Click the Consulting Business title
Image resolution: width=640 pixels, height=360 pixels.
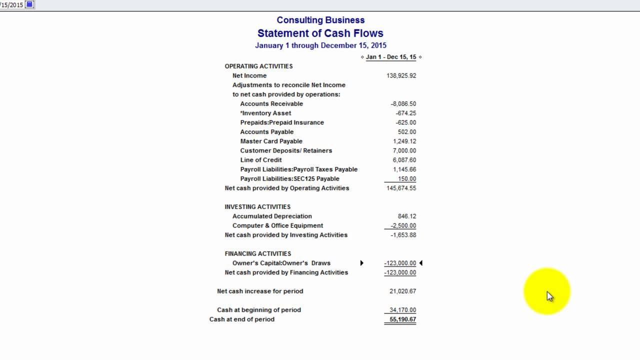[320, 20]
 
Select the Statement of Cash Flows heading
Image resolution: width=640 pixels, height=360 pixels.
[320, 33]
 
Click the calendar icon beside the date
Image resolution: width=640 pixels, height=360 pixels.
[29, 4]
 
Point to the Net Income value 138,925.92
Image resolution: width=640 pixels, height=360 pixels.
[401, 75]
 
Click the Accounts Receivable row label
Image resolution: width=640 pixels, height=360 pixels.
[271, 104]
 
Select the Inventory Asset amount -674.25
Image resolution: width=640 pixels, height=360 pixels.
[405, 113]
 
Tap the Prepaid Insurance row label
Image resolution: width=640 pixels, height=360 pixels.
[282, 122]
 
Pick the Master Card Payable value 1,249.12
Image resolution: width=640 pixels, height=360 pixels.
[404, 141]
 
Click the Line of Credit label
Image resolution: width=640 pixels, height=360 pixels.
[261, 160]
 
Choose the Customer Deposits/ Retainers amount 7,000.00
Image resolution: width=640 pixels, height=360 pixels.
[404, 150]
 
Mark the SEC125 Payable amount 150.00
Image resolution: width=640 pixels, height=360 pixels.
[407, 179]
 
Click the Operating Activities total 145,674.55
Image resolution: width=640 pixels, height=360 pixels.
[401, 188]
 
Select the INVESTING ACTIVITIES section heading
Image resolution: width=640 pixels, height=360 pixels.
[257, 207]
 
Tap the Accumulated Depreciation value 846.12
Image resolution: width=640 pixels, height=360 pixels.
[407, 216]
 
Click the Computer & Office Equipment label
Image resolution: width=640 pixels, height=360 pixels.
[277, 226]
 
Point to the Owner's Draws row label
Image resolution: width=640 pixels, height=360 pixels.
[281, 263]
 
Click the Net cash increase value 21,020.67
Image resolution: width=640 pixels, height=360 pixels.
[402, 291]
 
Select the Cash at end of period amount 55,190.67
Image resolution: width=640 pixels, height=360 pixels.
[402, 319]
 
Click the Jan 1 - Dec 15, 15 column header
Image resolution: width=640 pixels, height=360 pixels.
[391, 57]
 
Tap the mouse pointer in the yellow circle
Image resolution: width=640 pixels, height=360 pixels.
[550, 296]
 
